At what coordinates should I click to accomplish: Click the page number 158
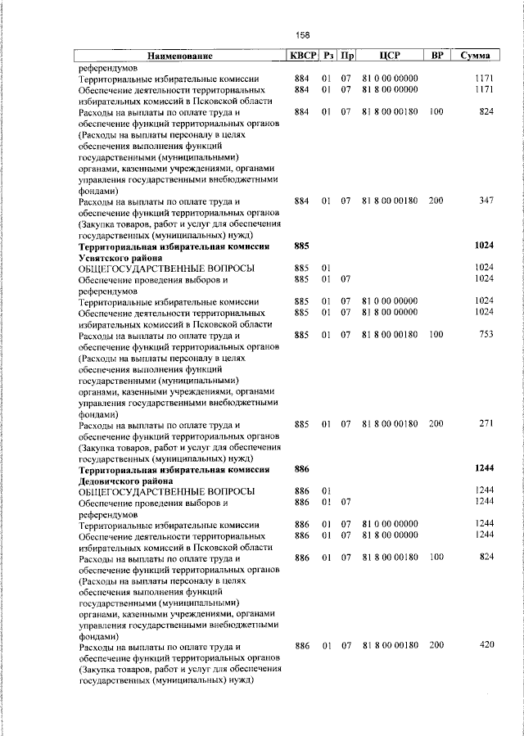[303, 35]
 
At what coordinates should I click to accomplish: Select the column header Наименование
[180, 56]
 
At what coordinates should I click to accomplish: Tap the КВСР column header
[301, 56]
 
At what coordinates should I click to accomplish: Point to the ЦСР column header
[390, 56]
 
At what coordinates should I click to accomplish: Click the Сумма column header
[476, 56]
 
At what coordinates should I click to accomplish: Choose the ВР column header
[437, 56]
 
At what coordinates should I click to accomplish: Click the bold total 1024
[485, 246]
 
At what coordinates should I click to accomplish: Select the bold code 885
[301, 246]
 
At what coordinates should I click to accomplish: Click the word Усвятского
[102, 257]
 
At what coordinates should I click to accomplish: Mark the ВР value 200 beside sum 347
[436, 201]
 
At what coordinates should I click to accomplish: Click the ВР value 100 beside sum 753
[436, 335]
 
